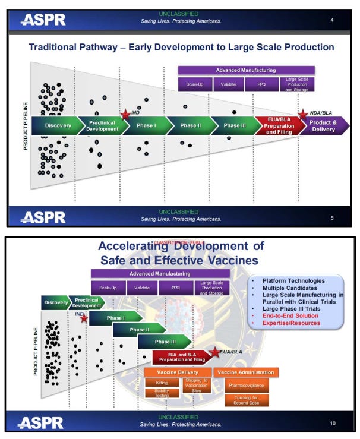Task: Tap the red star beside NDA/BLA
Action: (x=302, y=114)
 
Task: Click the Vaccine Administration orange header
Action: (x=246, y=372)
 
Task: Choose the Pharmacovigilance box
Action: (x=246, y=385)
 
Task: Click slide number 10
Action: (x=333, y=423)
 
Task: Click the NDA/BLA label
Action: (x=323, y=112)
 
